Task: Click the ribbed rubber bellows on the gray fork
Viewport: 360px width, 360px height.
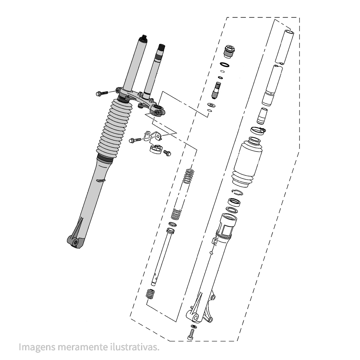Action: pyautogui.click(x=114, y=129)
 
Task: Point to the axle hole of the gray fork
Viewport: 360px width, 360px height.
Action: pyautogui.click(x=75, y=242)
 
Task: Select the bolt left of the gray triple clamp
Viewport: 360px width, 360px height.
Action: pyautogui.click(x=102, y=93)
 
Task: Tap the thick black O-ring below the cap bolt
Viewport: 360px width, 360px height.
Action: pyautogui.click(x=225, y=65)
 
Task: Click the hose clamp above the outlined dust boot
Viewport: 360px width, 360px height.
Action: pyautogui.click(x=258, y=131)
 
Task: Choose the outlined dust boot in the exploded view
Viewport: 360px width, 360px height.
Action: pyautogui.click(x=247, y=162)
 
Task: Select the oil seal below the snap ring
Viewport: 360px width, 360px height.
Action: pyautogui.click(x=234, y=202)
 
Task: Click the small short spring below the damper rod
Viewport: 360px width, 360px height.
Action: pyautogui.click(x=150, y=294)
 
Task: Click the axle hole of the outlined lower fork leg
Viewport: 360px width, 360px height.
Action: pyautogui.click(x=195, y=318)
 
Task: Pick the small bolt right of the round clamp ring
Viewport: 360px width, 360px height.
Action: pyautogui.click(x=167, y=153)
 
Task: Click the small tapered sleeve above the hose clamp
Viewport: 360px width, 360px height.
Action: pyautogui.click(x=262, y=116)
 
